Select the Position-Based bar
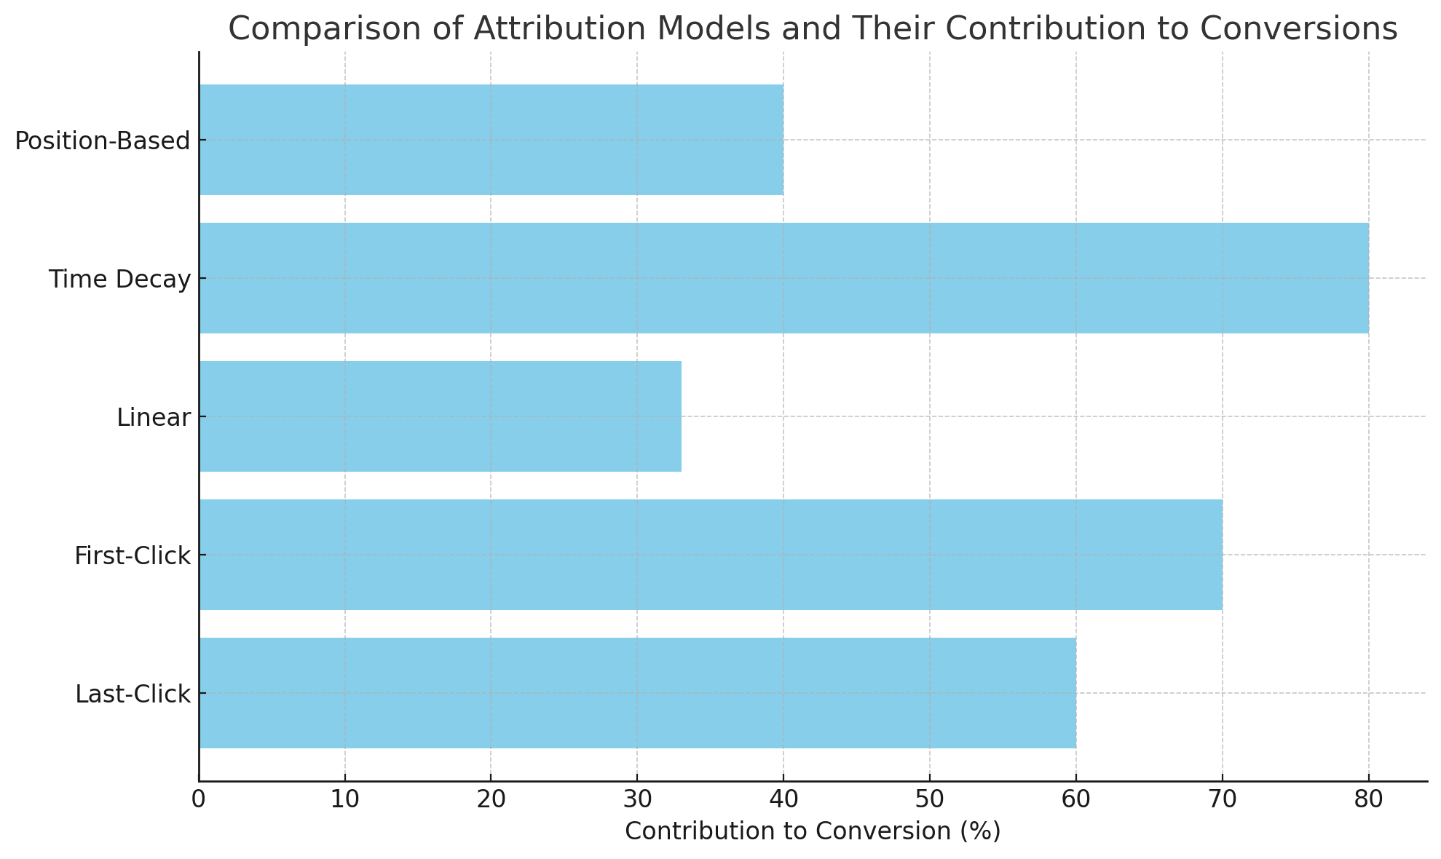(491, 140)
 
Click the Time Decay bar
(783, 278)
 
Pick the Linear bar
(440, 416)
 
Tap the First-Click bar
(711, 555)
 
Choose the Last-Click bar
(637, 693)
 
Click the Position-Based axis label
(103, 141)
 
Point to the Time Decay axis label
(119, 280)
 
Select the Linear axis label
(154, 418)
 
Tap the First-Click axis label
(133, 556)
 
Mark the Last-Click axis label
(133, 694)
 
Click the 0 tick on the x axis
(199, 799)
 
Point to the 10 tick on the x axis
(344, 799)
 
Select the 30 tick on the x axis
(637, 799)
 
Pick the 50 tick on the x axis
(930, 799)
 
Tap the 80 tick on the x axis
(1368, 799)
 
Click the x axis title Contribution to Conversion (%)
(813, 831)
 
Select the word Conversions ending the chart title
(1298, 29)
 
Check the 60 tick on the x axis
(1075, 799)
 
